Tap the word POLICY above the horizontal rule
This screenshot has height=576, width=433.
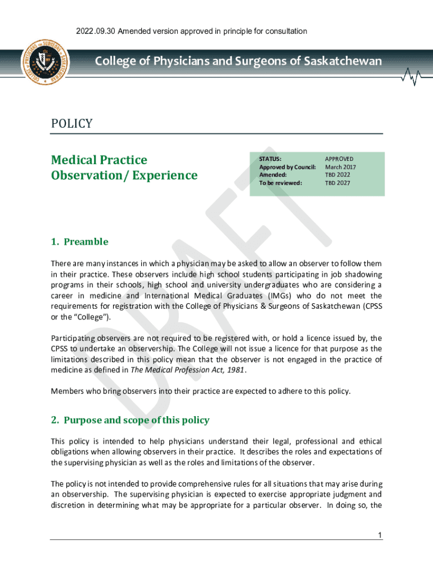71,124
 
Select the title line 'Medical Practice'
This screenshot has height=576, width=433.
99,160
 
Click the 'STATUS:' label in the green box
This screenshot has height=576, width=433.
270,159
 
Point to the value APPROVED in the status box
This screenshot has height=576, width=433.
340,159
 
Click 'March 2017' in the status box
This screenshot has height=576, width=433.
341,167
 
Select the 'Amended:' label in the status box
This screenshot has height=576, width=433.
273,175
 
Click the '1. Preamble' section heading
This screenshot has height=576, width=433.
79,242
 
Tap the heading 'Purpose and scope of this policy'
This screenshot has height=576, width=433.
137,420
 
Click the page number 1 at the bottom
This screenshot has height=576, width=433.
380,535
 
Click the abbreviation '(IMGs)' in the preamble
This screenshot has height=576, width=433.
281,296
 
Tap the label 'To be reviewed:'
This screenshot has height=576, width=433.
281,183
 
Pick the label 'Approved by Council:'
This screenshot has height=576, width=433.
287,167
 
